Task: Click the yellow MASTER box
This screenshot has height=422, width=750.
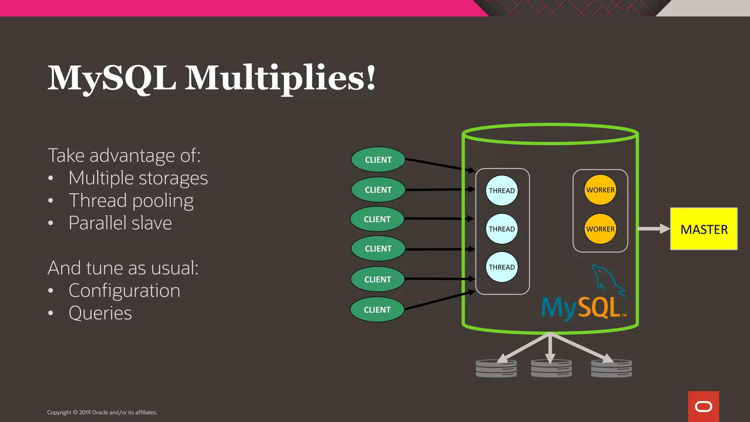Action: pos(703,229)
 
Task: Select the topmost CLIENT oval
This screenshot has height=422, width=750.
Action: pos(378,160)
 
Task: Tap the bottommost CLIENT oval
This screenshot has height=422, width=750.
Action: pos(377,310)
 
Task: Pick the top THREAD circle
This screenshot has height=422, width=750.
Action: pos(502,190)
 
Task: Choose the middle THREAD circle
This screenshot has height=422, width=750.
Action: pos(502,229)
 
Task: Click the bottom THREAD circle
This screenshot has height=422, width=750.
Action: pos(502,267)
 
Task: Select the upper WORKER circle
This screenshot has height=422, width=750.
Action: pos(600,190)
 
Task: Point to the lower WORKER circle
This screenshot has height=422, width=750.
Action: pos(600,229)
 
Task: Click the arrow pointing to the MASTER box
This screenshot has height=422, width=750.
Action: pos(654,229)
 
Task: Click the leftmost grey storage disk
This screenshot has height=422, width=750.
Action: pos(496,369)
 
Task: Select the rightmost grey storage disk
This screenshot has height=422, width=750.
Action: pos(611,369)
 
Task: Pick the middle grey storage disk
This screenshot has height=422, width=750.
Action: pos(551,369)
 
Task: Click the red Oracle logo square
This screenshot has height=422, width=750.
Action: pos(703,407)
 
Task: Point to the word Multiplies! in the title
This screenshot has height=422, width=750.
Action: pos(280,78)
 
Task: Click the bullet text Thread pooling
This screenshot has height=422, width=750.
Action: pos(131,201)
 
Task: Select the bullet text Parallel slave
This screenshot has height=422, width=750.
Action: pos(120,223)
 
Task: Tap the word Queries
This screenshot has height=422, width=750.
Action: pos(100,313)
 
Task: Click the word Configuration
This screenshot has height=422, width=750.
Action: pos(124,291)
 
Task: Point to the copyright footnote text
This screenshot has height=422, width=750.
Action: pos(102,412)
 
